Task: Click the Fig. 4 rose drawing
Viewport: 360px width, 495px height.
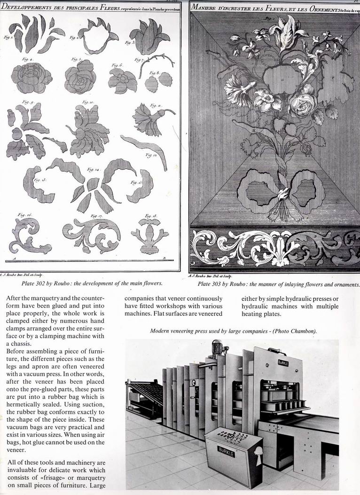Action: coord(31,78)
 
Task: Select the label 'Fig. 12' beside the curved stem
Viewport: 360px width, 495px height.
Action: coord(151,155)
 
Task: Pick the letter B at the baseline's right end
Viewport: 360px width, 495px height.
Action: coord(164,259)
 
